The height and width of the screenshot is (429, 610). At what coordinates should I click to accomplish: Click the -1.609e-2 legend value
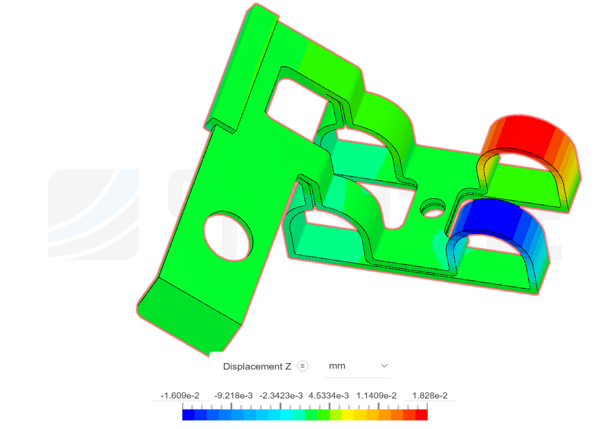(180, 396)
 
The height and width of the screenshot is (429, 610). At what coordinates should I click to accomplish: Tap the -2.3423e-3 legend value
(281, 396)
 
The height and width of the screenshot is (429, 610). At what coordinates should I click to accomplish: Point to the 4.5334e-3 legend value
(329, 396)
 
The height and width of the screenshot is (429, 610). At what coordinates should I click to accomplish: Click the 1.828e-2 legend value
(429, 396)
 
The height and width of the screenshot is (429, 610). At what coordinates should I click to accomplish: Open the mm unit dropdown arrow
(384, 366)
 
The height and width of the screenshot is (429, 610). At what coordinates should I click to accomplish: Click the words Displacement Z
(257, 367)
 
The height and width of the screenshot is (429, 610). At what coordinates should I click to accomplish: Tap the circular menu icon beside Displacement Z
(303, 366)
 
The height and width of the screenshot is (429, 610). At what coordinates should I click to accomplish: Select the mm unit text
(337, 366)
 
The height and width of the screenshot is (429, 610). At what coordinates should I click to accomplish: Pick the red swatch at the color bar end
(421, 415)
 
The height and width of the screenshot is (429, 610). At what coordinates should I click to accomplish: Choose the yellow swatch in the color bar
(348, 415)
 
